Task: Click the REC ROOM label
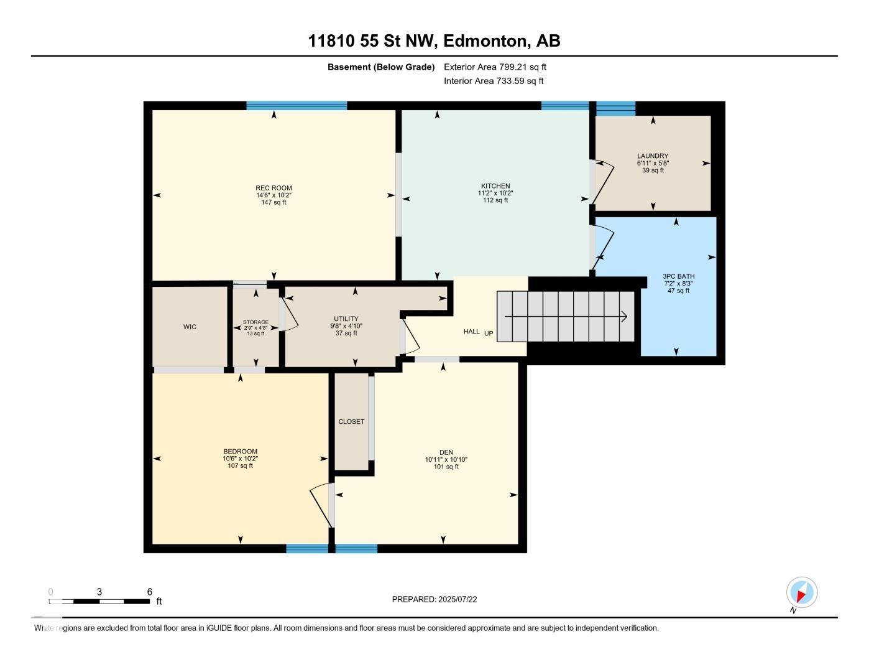point(274,188)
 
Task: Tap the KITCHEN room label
point(495,185)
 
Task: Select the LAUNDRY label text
point(653,156)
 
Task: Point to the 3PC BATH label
point(678,276)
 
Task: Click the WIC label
point(190,327)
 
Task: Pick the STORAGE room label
point(255,322)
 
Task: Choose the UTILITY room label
point(346,319)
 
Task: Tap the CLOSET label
point(351,421)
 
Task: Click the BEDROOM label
point(240,451)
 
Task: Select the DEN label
point(446,452)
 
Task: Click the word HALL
point(472,332)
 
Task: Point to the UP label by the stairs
point(489,333)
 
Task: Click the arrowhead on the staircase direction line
point(624,317)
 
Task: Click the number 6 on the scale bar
point(150,592)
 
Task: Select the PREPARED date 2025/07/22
point(457,599)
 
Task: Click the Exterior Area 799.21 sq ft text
point(495,67)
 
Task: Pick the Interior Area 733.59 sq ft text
point(494,81)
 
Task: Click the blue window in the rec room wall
point(297,106)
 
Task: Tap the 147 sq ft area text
point(274,202)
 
